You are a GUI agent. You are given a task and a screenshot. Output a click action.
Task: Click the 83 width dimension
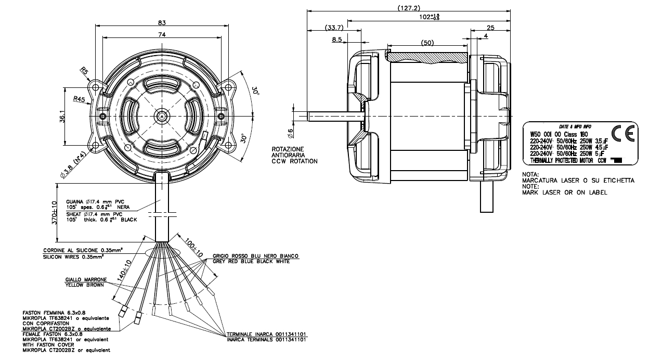(x=162, y=22)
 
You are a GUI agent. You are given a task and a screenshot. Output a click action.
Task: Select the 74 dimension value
(x=162, y=34)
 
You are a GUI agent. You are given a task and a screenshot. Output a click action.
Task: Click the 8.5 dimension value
(x=336, y=40)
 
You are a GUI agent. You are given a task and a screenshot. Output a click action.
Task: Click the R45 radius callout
(x=79, y=99)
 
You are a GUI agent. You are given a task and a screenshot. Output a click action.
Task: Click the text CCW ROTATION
(x=294, y=161)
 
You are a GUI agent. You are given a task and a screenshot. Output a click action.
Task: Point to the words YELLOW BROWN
(x=84, y=285)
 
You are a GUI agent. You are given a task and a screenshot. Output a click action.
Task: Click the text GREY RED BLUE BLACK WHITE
(x=255, y=261)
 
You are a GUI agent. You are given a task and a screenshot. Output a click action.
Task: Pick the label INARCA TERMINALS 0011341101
(x=266, y=340)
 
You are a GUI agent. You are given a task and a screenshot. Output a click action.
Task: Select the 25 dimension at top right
(x=490, y=28)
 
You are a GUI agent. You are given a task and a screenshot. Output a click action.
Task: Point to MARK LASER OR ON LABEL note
(x=565, y=192)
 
